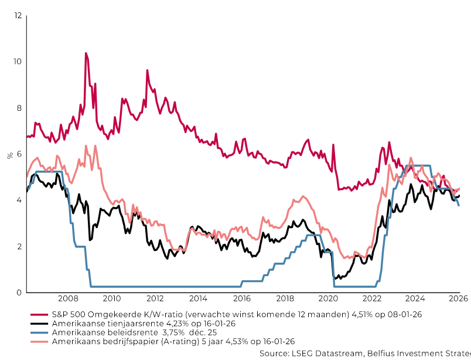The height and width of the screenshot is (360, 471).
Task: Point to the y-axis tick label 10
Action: pyautogui.click(x=17, y=62)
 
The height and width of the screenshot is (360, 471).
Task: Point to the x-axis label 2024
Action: pyautogui.click(x=415, y=298)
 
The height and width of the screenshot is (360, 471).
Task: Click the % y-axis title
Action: pyautogui.click(x=10, y=155)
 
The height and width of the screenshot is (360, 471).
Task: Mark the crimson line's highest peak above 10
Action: pyautogui.click(x=86, y=53)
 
